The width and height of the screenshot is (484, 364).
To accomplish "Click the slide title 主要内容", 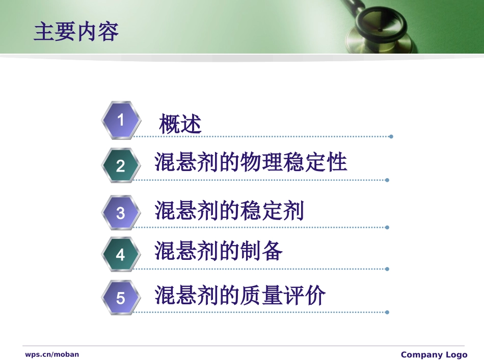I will coord(76,32).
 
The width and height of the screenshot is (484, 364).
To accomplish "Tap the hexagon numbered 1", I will coord(121,120).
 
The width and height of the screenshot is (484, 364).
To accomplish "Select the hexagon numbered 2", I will coord(121,165).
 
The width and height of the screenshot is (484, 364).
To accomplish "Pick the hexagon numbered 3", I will coord(121,212).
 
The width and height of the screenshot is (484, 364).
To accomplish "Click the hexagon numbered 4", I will coord(121,254).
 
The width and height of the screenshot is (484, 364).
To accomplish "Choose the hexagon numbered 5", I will coord(121,298).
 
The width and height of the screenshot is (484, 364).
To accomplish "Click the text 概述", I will coord(180,124).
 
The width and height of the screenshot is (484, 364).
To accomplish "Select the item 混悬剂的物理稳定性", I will coord(251,162).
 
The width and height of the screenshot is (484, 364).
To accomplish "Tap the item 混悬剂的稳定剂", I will coord(229,210).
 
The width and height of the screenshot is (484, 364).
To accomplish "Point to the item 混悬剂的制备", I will coord(219,251).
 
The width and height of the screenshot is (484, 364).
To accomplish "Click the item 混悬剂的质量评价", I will coord(240,296).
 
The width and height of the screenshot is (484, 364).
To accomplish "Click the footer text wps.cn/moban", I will coord(52,354).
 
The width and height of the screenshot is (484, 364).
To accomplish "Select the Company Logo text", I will coord(434,355).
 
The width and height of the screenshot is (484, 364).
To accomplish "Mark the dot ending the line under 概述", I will coord(391,136).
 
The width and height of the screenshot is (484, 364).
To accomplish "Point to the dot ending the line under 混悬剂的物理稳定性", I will coord(387,180).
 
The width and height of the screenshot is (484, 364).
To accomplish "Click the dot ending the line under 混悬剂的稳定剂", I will coord(387,227).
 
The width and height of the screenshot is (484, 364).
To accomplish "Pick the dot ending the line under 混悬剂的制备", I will coord(387,269).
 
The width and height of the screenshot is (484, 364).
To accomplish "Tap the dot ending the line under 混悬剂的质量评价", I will coord(387,312).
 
